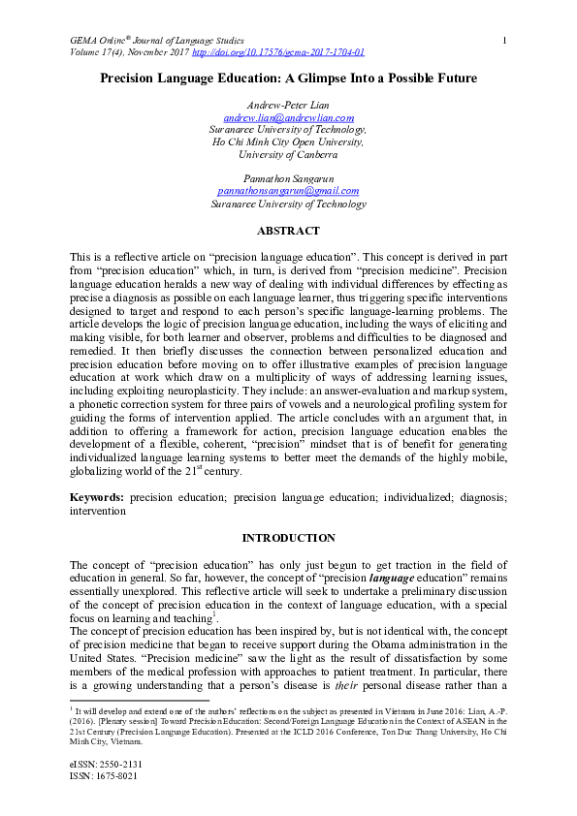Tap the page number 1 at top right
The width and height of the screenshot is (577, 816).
(505, 39)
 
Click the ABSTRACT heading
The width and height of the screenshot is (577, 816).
(288, 232)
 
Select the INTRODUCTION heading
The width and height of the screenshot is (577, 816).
(288, 538)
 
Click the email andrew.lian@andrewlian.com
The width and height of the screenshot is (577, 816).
(288, 117)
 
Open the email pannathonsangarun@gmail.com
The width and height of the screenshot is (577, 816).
(288, 192)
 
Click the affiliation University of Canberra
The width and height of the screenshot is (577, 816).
(288, 154)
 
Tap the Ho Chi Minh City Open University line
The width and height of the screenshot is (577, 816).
(288, 141)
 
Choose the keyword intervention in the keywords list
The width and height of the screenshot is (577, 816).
(97, 509)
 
